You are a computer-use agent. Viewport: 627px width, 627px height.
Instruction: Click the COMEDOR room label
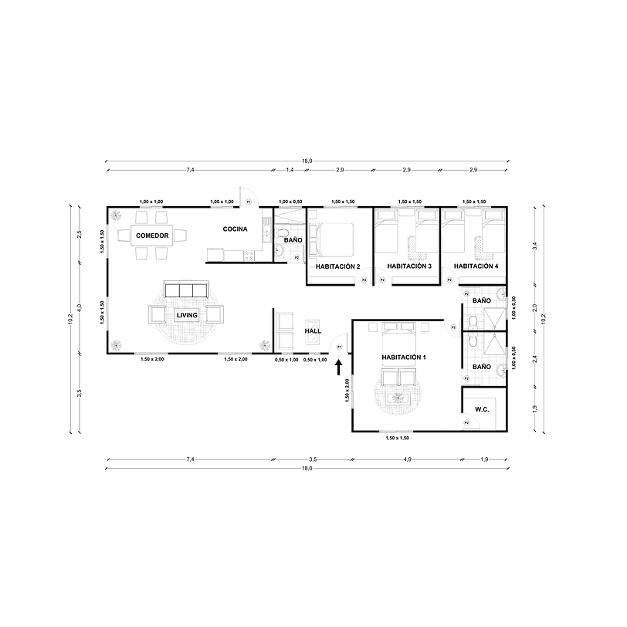(x=152, y=235)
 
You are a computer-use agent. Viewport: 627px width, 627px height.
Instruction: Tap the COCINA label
(x=235, y=229)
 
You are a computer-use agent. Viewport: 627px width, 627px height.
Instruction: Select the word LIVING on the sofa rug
(x=187, y=315)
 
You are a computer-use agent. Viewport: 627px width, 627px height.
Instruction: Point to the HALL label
(x=313, y=330)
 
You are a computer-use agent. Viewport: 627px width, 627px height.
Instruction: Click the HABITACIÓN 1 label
(x=403, y=358)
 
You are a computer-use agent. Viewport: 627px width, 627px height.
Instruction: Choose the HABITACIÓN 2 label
(x=337, y=266)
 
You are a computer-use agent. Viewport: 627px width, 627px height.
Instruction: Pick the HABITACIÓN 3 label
(x=409, y=266)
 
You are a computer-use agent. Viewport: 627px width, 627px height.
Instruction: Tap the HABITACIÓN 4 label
(x=476, y=266)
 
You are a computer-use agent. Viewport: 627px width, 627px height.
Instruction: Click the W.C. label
(x=483, y=409)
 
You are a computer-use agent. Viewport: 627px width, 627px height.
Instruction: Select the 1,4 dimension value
(x=290, y=169)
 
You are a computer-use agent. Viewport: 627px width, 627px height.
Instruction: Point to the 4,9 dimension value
(x=406, y=460)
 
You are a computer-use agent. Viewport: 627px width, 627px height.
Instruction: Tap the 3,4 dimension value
(x=534, y=246)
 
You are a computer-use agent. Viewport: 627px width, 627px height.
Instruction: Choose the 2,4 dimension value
(x=534, y=358)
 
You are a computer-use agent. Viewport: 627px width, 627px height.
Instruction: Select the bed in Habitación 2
(x=334, y=240)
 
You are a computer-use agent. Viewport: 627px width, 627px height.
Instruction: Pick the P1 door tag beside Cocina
(x=249, y=202)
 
